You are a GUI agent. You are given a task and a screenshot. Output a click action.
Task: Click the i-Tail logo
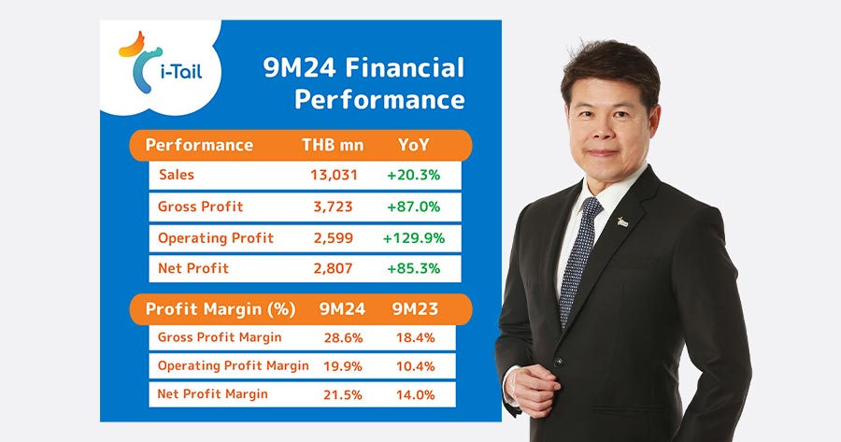161,63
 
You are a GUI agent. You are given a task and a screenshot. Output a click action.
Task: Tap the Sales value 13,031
334,175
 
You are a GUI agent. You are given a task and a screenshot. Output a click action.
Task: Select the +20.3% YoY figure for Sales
414,175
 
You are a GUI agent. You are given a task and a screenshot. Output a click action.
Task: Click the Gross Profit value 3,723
333,207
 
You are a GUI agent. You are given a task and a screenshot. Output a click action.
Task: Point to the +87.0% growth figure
414,207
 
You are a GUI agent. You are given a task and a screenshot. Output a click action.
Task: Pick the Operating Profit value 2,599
333,238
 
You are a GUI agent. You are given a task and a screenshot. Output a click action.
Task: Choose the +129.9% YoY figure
414,238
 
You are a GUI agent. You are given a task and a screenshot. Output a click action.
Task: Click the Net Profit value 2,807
333,268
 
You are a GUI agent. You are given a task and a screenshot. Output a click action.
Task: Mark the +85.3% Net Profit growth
414,268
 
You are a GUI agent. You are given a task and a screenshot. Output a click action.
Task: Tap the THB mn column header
333,145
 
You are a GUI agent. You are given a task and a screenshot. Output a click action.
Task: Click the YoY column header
414,145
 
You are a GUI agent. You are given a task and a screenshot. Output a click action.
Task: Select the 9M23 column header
415,309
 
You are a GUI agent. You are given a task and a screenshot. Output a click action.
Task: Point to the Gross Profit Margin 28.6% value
343,338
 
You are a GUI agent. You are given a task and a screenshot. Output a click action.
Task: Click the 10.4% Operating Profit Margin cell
415,366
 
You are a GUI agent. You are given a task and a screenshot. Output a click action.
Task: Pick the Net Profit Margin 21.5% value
343,394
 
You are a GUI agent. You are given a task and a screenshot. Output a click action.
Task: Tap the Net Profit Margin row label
212,394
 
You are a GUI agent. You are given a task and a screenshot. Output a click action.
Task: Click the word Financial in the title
405,68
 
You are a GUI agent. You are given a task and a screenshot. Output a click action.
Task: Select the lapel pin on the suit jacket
622,221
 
